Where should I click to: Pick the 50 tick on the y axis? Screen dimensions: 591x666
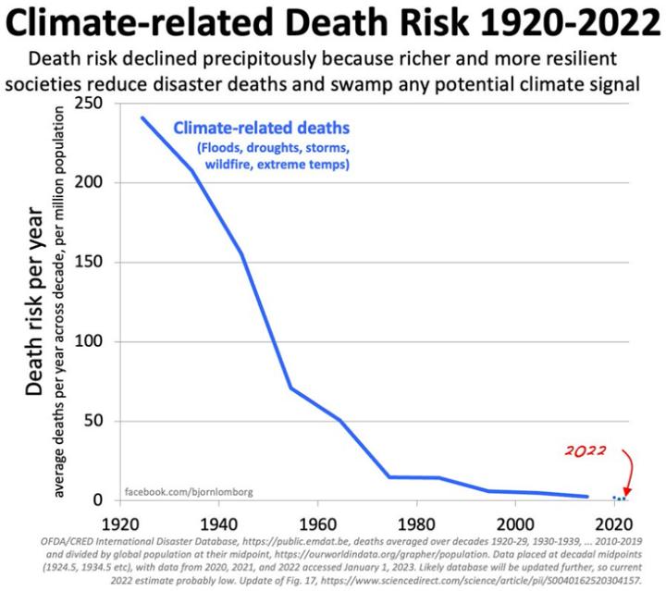92,422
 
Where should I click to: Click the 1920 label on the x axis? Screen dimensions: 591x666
119,521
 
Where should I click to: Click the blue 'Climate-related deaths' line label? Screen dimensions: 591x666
262,127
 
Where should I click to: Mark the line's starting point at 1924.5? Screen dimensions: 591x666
142,117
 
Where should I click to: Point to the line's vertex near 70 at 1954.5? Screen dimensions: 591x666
290,388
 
